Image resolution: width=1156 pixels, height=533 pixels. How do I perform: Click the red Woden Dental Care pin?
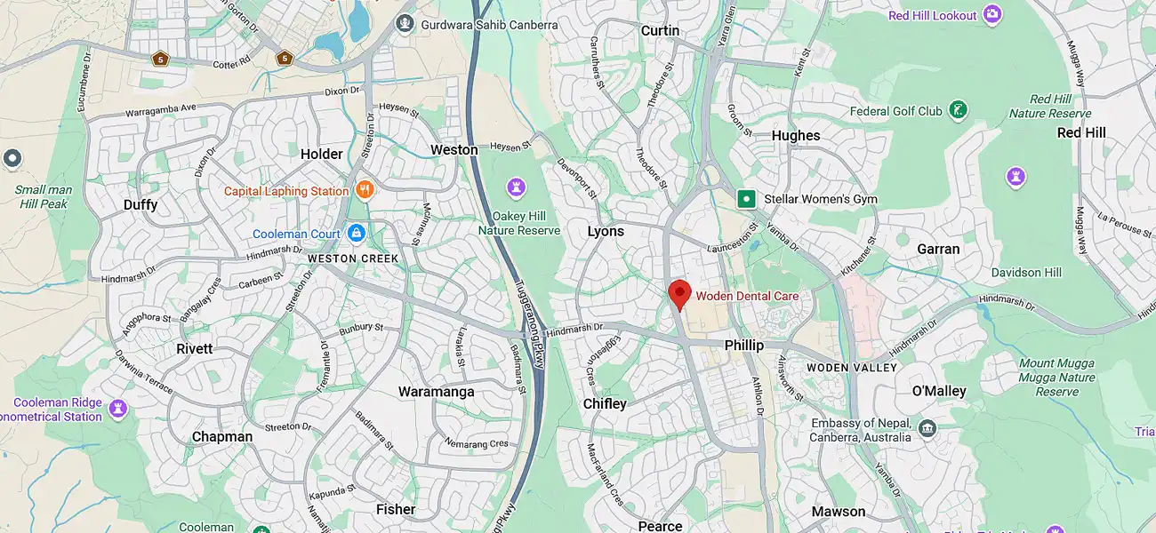679,293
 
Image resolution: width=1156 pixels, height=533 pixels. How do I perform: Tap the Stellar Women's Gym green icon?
746,199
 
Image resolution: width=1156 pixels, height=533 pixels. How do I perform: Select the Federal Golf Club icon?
958,111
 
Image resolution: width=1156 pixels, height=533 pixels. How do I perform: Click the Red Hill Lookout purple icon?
992,15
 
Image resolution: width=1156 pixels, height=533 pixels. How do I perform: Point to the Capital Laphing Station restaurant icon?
364,190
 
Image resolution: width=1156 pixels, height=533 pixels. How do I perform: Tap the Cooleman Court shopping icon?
356,234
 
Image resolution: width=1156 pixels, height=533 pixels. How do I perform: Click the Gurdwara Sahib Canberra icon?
405,24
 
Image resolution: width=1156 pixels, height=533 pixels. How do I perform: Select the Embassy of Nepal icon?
927,430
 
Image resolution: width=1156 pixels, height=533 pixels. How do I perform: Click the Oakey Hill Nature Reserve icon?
516,187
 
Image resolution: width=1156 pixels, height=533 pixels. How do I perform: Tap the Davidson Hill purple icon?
1016,177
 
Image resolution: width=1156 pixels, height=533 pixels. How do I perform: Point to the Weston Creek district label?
353,259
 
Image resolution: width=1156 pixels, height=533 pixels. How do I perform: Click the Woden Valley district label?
851,368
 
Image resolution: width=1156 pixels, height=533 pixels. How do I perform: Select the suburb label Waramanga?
436,392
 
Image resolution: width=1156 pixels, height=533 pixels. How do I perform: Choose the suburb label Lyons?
606,231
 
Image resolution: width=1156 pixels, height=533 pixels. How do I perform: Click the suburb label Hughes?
796,135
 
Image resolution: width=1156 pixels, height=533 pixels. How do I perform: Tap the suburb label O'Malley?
939,391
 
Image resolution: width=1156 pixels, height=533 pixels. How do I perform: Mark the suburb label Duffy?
140,205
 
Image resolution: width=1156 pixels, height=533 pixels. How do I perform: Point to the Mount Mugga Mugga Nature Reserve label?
1056,377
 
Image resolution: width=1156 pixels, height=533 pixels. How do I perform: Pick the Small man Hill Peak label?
44,196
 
